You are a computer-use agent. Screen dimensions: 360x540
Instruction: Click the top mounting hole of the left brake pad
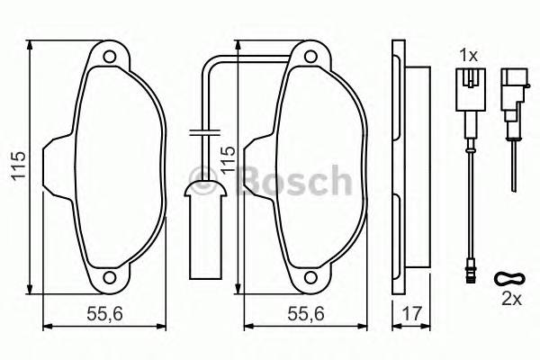point(110,59)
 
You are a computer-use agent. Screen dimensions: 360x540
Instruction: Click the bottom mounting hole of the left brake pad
point(110,278)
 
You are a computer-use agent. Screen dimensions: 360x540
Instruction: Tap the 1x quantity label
point(467,55)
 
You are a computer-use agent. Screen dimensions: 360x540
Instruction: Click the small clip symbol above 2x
point(508,276)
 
